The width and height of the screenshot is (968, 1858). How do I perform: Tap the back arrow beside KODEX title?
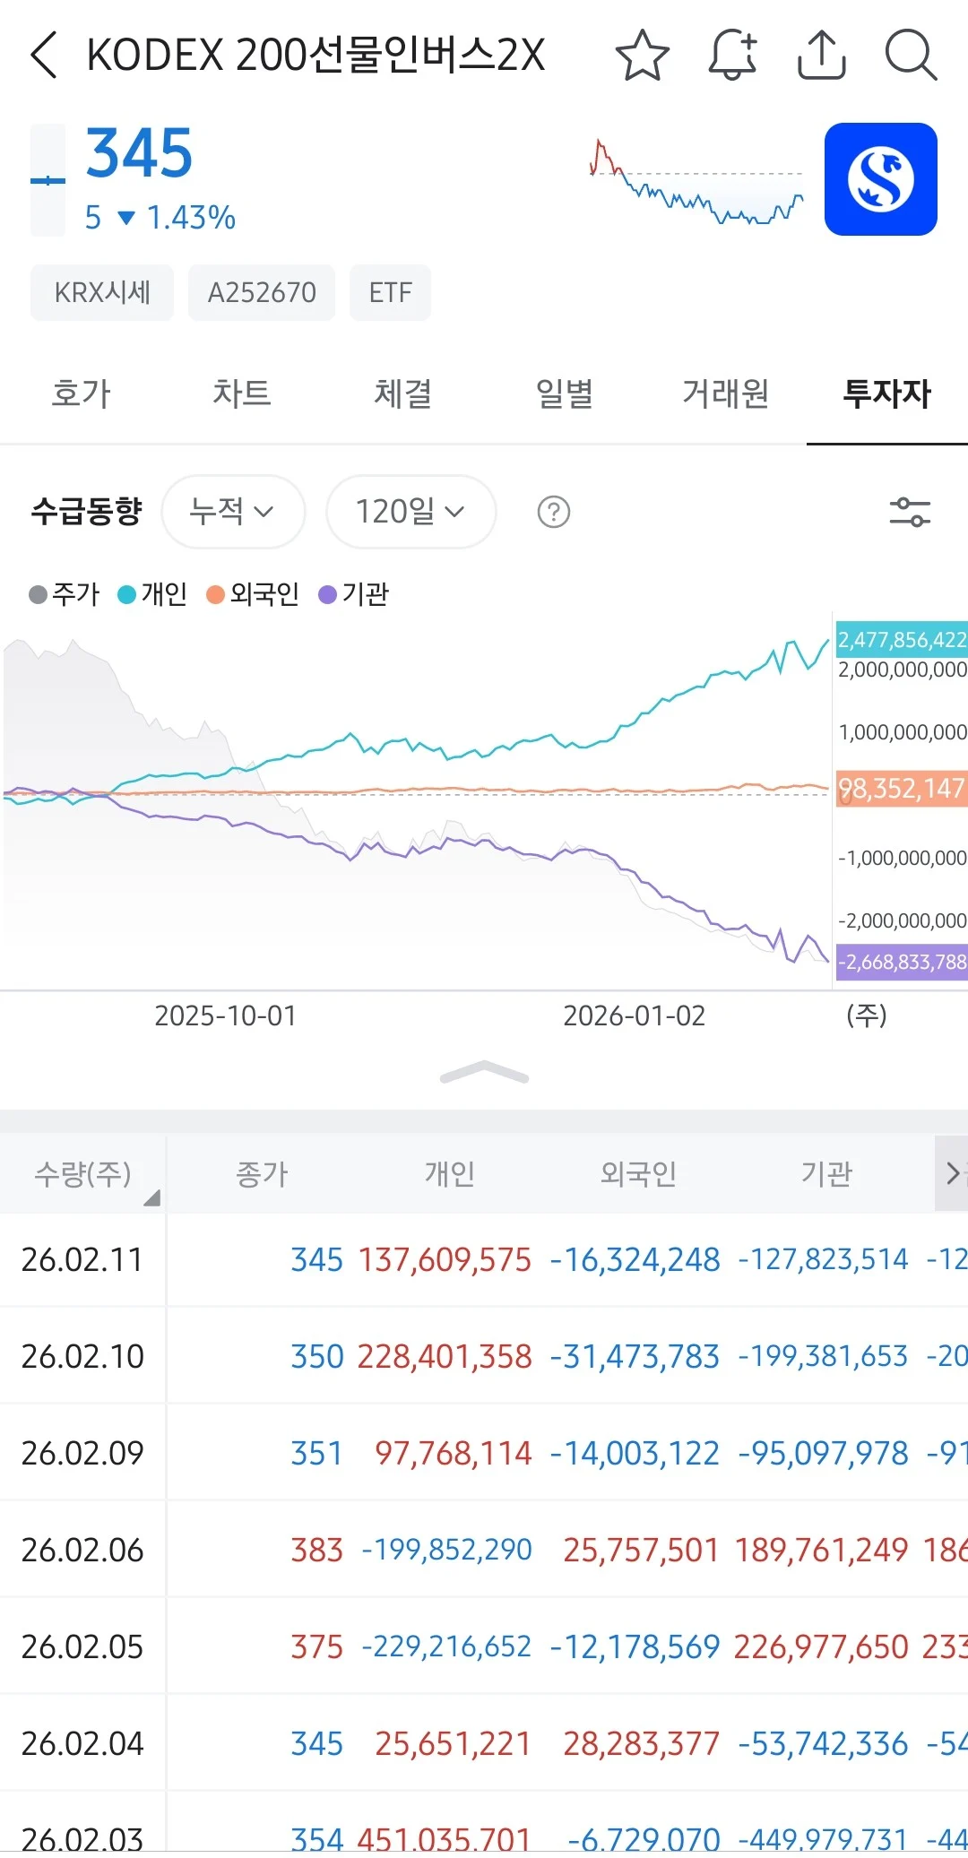(44, 56)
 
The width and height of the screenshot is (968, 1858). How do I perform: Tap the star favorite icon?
(643, 56)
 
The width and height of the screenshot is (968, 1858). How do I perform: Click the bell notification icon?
(732, 56)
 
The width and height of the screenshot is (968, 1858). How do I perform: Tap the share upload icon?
(821, 56)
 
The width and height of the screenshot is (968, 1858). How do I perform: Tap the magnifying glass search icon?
(910, 56)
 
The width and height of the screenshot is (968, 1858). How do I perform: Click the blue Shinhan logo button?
(880, 179)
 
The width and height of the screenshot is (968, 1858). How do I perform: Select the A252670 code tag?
(262, 292)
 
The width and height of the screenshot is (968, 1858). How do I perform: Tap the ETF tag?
(390, 292)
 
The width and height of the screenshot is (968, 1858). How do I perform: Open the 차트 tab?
(241, 393)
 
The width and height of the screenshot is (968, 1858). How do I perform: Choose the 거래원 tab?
(725, 393)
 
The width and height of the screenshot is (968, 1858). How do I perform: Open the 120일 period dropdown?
(411, 512)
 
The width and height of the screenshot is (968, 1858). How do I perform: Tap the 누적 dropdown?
(232, 512)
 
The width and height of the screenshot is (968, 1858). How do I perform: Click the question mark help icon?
(554, 513)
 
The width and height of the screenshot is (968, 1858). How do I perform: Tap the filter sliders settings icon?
(910, 513)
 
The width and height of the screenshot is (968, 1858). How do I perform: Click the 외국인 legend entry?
(254, 594)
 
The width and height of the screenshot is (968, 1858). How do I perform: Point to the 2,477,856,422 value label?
(901, 639)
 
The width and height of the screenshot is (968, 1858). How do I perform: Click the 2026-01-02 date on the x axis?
(634, 1015)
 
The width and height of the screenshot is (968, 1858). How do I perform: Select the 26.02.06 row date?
(82, 1550)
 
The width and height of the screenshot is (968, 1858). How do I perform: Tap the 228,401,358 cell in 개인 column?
(445, 1356)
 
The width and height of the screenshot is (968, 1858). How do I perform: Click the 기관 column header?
(826, 1173)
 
